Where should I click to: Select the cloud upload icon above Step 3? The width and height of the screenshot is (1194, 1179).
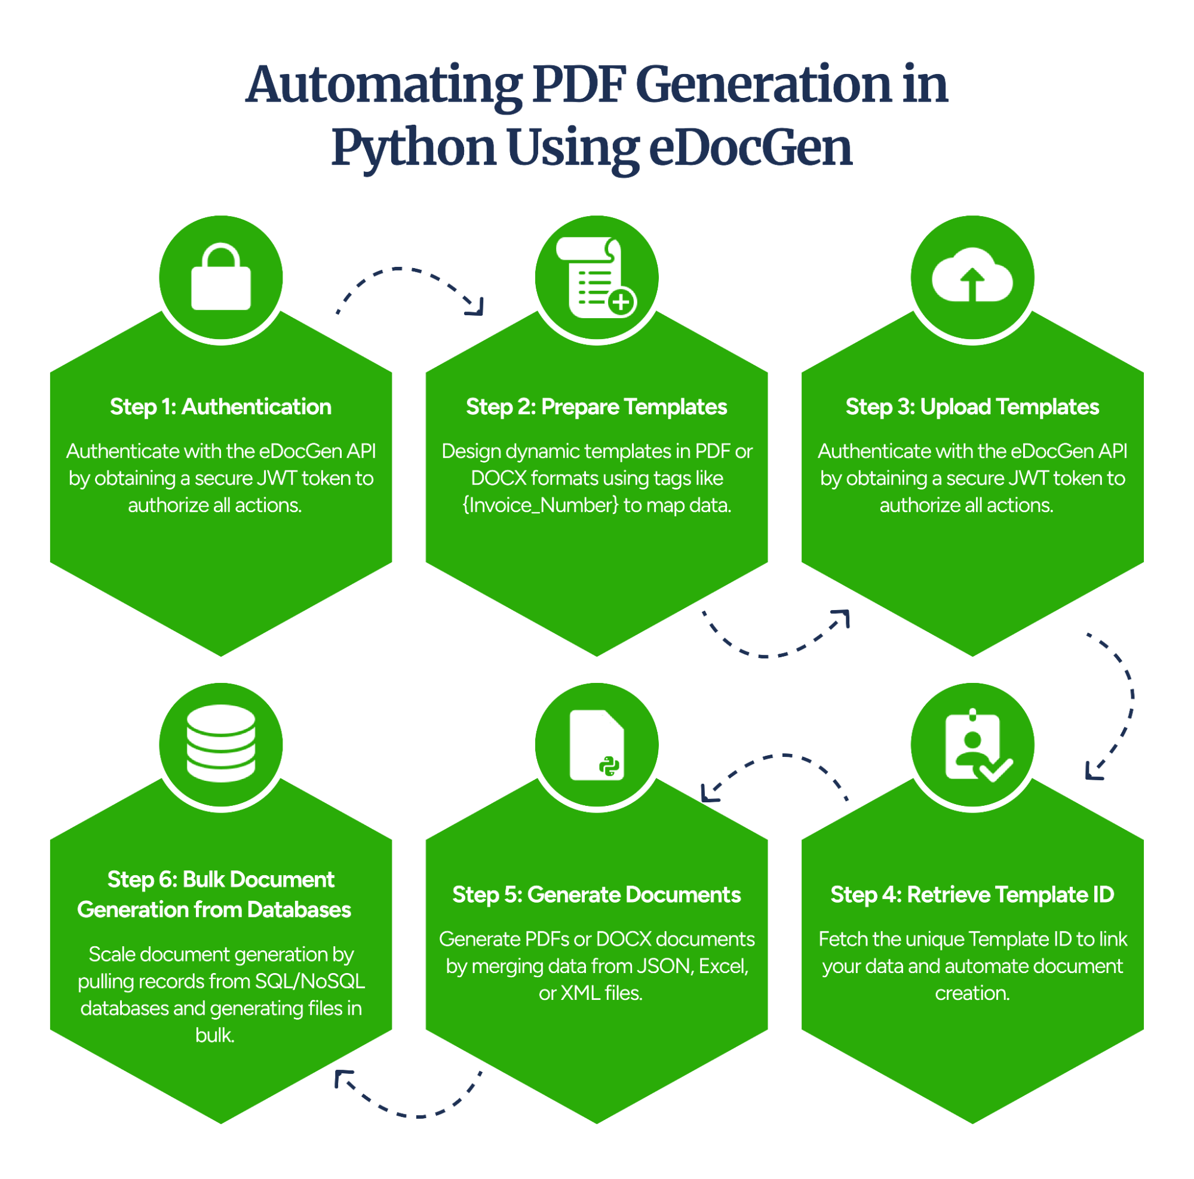pyautogui.click(x=972, y=276)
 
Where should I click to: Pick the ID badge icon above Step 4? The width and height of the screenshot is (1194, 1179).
pyautogui.click(x=975, y=744)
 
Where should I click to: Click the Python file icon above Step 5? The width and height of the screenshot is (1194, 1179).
pyautogui.click(x=596, y=744)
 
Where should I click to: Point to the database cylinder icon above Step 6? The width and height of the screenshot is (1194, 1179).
pyautogui.click(x=220, y=743)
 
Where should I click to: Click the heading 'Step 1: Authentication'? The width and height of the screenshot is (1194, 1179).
pyautogui.click(x=220, y=407)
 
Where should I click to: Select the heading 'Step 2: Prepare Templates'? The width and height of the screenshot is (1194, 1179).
pyautogui.click(x=596, y=407)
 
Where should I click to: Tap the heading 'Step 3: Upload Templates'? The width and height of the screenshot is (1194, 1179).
pyautogui.click(x=972, y=407)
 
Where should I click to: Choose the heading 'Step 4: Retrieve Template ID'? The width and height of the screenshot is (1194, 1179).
pyautogui.click(x=972, y=894)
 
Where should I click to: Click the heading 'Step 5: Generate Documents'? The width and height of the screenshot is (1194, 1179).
pyautogui.click(x=596, y=894)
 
